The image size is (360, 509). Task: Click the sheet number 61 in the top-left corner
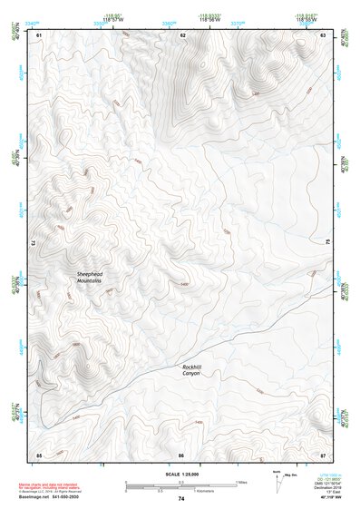pos(39,34)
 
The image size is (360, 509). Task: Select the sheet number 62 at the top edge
pos(182,34)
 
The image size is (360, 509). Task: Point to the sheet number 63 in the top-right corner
pos(324,34)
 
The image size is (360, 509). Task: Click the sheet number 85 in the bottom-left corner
pos(39,454)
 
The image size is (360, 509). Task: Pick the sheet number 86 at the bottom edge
pos(181,454)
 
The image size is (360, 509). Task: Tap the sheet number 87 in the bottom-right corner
pos(324,454)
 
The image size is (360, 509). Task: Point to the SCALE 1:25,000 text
pos(181,475)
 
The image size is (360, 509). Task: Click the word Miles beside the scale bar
pos(241,482)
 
